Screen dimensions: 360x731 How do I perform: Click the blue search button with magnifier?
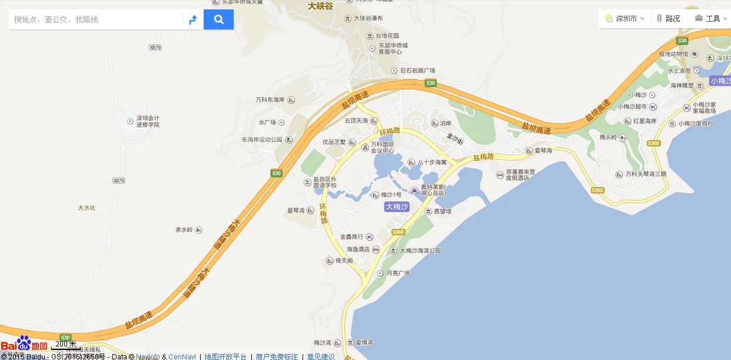[x=218, y=19]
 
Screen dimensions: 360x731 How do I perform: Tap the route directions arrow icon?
[x=193, y=20]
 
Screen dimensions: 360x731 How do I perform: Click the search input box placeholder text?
[x=57, y=19]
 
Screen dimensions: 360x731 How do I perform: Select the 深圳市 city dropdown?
[x=626, y=18]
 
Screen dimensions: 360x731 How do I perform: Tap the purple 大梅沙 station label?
[x=397, y=206]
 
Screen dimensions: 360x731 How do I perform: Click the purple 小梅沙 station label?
[x=719, y=81]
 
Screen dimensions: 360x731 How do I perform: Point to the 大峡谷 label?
[x=320, y=6]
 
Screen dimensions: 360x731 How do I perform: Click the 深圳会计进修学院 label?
[x=148, y=121]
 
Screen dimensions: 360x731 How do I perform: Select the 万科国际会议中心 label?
[x=382, y=147]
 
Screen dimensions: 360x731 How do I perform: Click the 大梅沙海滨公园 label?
[x=420, y=251]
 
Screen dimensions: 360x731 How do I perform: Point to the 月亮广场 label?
[x=398, y=273]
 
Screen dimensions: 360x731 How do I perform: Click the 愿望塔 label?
[x=442, y=211]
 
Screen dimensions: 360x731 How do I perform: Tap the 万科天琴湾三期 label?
[x=646, y=174]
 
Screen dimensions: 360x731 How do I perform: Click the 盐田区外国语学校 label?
[x=324, y=182]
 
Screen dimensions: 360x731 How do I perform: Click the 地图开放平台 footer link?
[x=225, y=356]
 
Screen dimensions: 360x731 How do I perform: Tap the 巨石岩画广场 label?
[x=417, y=71]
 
